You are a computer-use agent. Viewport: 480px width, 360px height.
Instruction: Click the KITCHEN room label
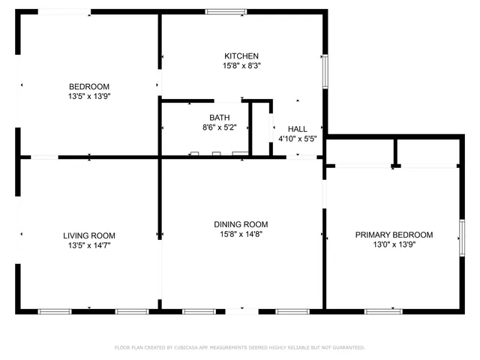click(241, 56)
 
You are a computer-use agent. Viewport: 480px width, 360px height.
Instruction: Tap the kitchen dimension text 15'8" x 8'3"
click(241, 66)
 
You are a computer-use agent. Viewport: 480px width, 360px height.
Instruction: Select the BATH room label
click(220, 118)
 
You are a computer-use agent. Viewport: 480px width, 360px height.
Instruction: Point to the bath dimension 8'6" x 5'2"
click(220, 128)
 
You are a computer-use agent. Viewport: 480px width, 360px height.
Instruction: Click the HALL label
click(298, 129)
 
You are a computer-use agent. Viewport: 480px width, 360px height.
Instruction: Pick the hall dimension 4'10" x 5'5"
click(298, 139)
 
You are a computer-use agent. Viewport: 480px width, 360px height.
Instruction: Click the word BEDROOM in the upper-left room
click(89, 86)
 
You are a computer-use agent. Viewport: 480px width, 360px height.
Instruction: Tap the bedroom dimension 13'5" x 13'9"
click(89, 96)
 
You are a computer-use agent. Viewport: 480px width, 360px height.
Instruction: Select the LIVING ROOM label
click(89, 235)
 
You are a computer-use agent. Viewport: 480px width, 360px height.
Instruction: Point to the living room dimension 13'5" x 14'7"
click(89, 245)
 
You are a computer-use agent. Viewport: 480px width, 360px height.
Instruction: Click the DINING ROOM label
click(241, 224)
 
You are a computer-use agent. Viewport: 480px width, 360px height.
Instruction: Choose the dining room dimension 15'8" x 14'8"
click(241, 234)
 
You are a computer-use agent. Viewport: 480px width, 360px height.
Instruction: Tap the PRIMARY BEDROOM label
click(394, 235)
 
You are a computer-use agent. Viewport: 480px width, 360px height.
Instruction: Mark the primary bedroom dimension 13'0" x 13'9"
click(394, 244)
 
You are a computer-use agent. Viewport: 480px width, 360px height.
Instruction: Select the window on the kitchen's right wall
click(325, 70)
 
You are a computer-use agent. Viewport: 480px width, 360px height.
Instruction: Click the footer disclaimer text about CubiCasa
click(240, 347)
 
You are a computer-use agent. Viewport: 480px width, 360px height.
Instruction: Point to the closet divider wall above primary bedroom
click(394, 152)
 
